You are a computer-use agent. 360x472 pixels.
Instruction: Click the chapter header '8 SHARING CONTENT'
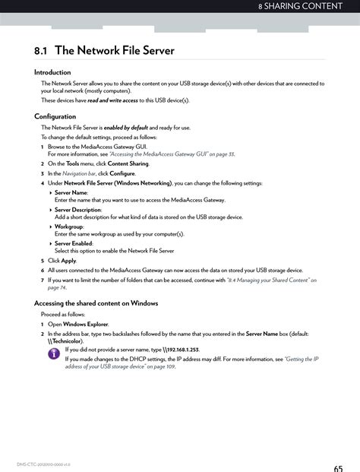pyautogui.click(x=305, y=7)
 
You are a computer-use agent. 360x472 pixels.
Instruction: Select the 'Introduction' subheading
pyautogui.click(x=52, y=72)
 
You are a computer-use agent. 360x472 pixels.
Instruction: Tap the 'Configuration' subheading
pyautogui.click(x=55, y=116)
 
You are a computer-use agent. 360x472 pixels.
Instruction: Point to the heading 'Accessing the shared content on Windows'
pyautogui.click(x=96, y=303)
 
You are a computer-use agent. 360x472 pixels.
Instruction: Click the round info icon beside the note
pyautogui.click(x=54, y=354)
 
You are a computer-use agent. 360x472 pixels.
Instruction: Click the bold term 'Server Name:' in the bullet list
pyautogui.click(x=71, y=193)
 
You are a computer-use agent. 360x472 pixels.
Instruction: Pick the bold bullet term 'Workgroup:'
pyautogui.click(x=68, y=226)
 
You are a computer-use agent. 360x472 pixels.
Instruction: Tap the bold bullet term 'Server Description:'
pyautogui.click(x=77, y=210)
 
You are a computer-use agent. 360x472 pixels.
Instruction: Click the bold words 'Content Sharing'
pyautogui.click(x=128, y=163)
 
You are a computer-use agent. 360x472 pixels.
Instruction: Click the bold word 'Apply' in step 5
pyautogui.click(x=68, y=260)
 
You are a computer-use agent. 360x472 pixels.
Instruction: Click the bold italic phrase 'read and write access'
pyautogui.click(x=112, y=100)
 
